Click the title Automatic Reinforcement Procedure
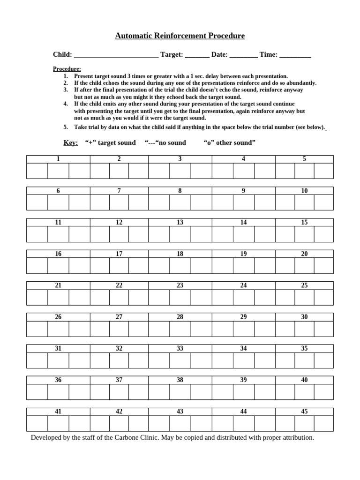[180, 36]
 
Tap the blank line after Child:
[116, 55]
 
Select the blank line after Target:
[197, 55]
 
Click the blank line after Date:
[243, 55]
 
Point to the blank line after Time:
[295, 55]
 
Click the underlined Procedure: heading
[67, 69]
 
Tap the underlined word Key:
[70, 142]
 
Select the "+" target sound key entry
[110, 142]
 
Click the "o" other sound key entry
[230, 142]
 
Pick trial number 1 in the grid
[58, 159]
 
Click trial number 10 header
[304, 191]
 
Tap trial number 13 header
[180, 222]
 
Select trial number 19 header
[243, 254]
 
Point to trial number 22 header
[119, 285]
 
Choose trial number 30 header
[304, 317]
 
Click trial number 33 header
[180, 348]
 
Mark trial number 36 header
[58, 380]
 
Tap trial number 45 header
[304, 412]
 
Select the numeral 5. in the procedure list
[66, 127]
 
